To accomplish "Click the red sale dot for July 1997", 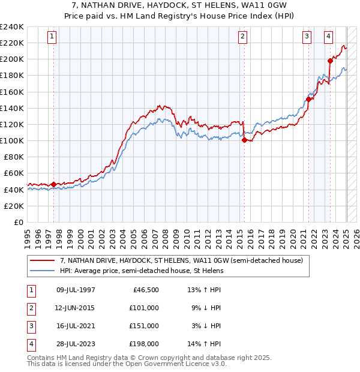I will click(53, 184).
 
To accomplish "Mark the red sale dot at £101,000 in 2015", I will click(244, 140).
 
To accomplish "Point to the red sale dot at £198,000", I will click(331, 61).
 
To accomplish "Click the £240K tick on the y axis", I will click(12, 26).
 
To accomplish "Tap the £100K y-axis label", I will click(12, 140).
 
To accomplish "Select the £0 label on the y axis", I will click(18, 222).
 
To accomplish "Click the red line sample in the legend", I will click(42, 261).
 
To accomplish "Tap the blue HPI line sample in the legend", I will click(42, 271).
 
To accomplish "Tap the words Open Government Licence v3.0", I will click(174, 364).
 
